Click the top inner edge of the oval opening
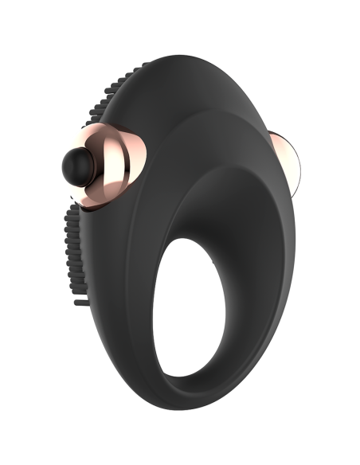[211, 232]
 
